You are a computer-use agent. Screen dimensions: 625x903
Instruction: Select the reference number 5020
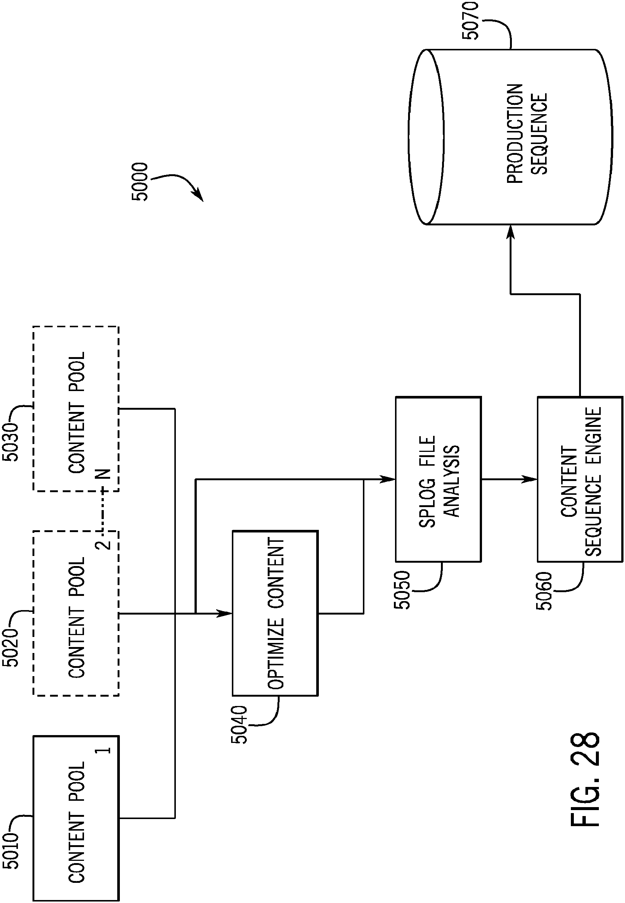click(x=10, y=647)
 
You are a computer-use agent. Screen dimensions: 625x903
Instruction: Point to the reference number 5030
click(x=10, y=442)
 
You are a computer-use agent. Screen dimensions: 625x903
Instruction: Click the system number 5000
click(x=140, y=182)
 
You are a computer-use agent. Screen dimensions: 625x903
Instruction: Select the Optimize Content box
click(x=275, y=613)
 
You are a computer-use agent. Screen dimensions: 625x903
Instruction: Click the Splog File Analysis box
click(x=439, y=479)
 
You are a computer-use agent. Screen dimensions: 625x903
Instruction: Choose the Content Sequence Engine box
click(x=580, y=479)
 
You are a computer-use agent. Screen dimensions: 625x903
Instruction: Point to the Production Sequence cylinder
click(x=510, y=137)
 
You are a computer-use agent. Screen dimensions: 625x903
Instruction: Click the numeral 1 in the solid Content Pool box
click(x=106, y=750)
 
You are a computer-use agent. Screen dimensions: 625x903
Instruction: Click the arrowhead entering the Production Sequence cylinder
click(x=510, y=232)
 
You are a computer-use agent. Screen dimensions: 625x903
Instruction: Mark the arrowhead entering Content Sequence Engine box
click(x=531, y=479)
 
